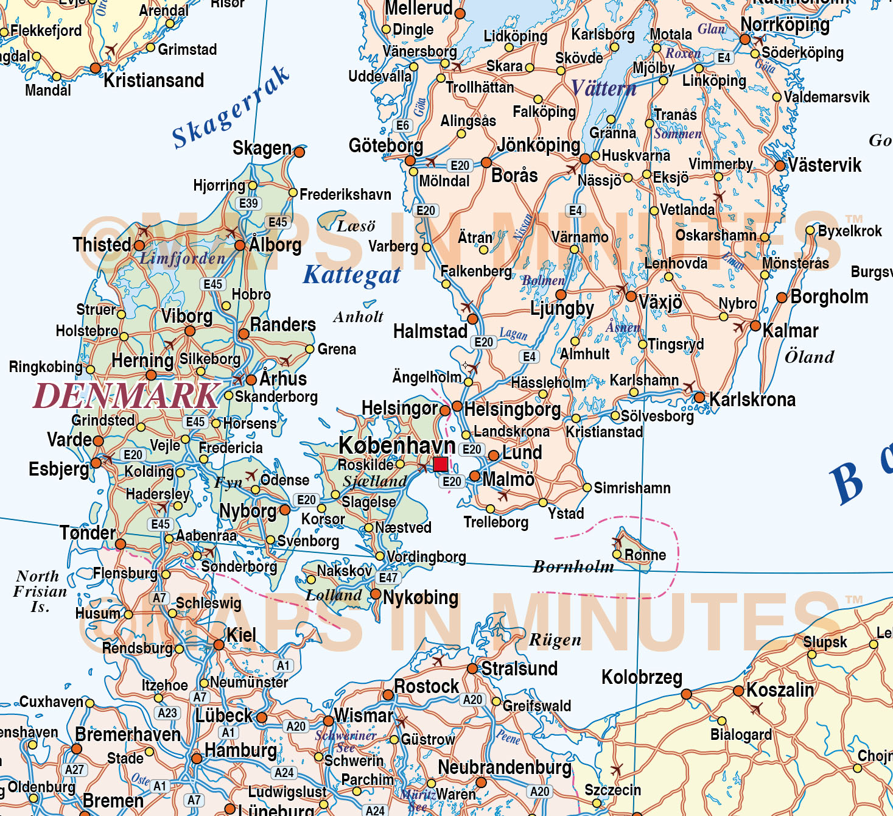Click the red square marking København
pos(441,464)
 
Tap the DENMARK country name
pos(126,396)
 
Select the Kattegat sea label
pos(352,275)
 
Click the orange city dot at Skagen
pos(299,152)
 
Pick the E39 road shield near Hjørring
pos(248,203)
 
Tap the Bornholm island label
pos(573,567)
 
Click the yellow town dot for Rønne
pos(617,555)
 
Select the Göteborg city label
pos(385,146)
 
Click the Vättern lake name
pos(603,89)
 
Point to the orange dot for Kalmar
pos(755,326)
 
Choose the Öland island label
pos(809,357)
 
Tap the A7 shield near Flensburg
pos(159,598)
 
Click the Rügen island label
pos(555,640)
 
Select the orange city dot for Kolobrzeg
pos(686,694)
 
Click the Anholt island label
pos(358,317)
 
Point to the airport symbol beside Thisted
pos(144,231)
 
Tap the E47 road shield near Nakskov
pos(388,577)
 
